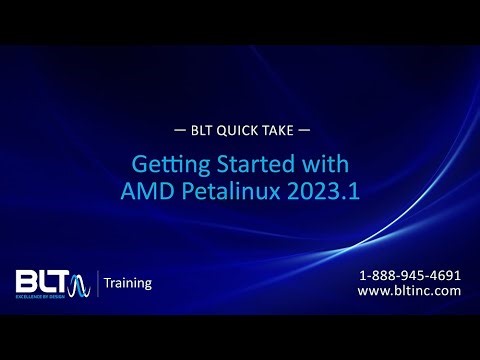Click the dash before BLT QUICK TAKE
(x=179, y=131)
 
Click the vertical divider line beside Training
(x=97, y=283)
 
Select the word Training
(x=128, y=283)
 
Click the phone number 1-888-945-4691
(x=410, y=275)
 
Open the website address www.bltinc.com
(x=409, y=291)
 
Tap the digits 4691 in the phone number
(x=445, y=275)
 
